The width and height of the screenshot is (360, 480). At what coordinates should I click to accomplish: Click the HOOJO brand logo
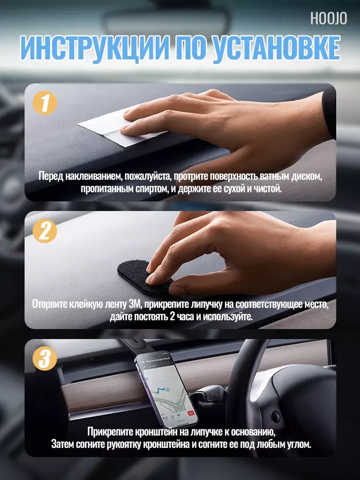tap(329, 18)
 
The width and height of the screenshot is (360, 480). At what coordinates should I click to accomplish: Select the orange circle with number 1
tap(45, 103)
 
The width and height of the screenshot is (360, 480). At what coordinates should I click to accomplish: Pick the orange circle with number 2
tap(45, 231)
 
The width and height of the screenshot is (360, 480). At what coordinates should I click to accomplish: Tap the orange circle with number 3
tap(45, 358)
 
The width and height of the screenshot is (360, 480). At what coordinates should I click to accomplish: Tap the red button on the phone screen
tap(191, 413)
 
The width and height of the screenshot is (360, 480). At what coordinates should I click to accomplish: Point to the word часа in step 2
tap(184, 317)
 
